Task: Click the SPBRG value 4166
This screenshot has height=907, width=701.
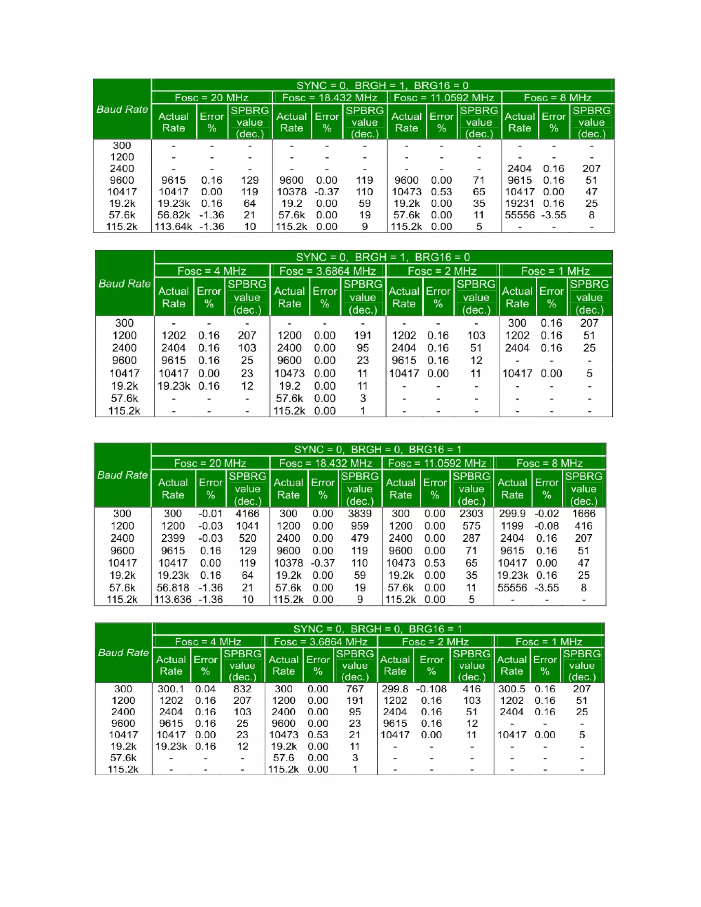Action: pyautogui.click(x=247, y=514)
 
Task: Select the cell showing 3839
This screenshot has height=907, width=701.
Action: pyautogui.click(x=360, y=514)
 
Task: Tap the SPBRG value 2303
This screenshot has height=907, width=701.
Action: pyautogui.click(x=471, y=514)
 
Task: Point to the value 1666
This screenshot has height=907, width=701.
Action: pyautogui.click(x=584, y=514)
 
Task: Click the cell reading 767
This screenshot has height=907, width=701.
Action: pyautogui.click(x=355, y=689)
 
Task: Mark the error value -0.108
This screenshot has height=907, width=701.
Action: pyautogui.click(x=432, y=689)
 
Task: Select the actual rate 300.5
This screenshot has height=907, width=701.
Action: pyautogui.click(x=512, y=689)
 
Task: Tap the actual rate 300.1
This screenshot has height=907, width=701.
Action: pyautogui.click(x=171, y=689)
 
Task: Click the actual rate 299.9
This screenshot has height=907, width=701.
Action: pyautogui.click(x=512, y=514)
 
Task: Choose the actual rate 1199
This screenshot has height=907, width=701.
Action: pyautogui.click(x=512, y=526)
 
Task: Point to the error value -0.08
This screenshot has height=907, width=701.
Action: pyautogui.click(x=547, y=526)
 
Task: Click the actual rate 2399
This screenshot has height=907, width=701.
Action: pyautogui.click(x=173, y=538)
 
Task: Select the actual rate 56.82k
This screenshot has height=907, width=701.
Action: pyautogui.click(x=173, y=215)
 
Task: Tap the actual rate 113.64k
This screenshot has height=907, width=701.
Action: pyautogui.click(x=173, y=227)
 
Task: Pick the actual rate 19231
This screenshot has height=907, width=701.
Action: pyautogui.click(x=520, y=204)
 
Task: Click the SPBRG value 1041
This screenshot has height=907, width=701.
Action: pyautogui.click(x=247, y=526)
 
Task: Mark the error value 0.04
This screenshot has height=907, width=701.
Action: pyautogui.click(x=205, y=689)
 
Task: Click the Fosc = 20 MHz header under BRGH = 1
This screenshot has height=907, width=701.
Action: pyautogui.click(x=212, y=98)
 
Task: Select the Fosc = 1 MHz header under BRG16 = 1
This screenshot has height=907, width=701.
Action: pyautogui.click(x=549, y=642)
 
